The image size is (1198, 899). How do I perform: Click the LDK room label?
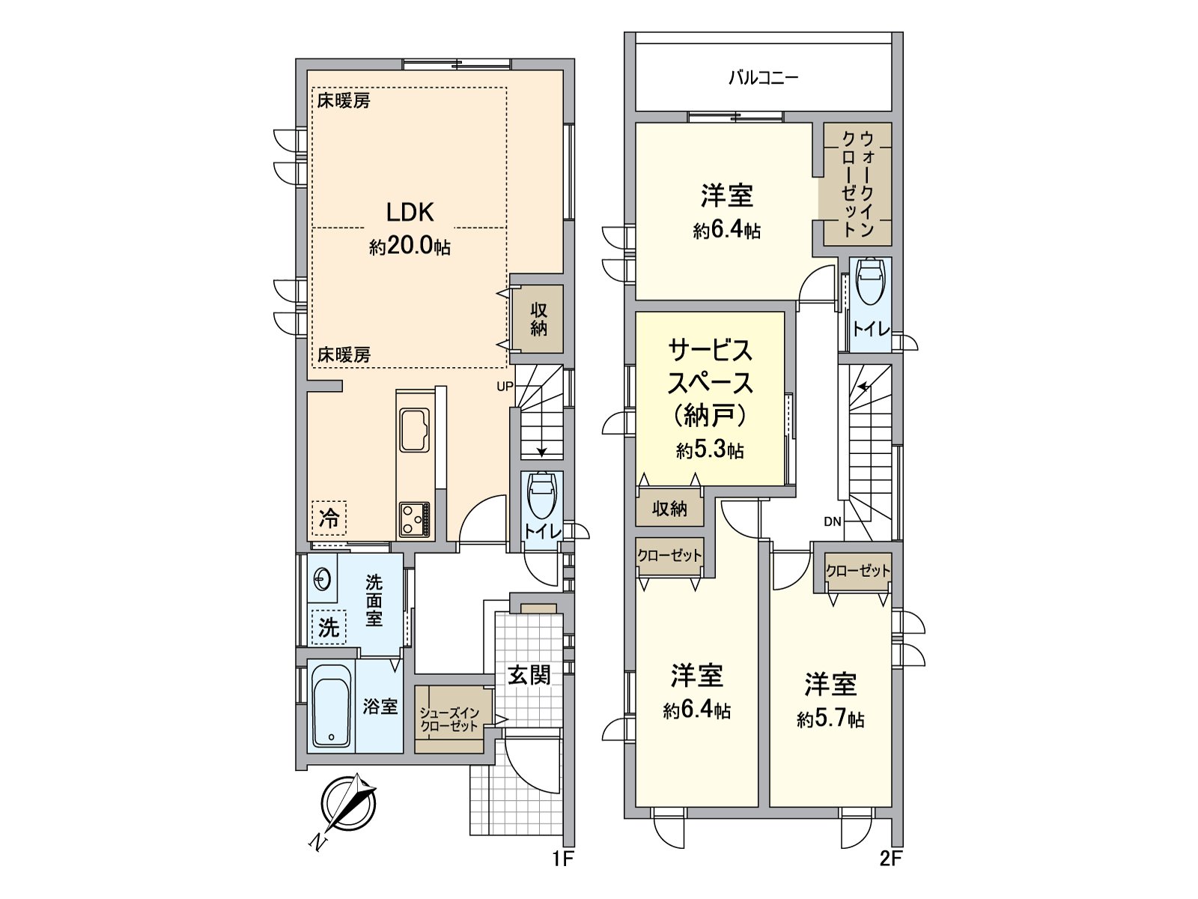[410, 213]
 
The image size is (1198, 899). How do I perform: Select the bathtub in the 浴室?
[331, 706]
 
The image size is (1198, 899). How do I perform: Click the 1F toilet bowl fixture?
[541, 494]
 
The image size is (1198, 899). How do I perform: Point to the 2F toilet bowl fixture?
[870, 281]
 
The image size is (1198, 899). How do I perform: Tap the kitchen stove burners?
[414, 518]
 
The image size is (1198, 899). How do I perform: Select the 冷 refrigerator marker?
[329, 518]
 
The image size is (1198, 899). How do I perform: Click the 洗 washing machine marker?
[329, 628]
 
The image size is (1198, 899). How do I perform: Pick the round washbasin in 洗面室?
[322, 578]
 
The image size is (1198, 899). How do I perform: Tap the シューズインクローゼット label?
[449, 719]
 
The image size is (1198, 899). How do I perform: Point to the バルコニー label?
[763, 77]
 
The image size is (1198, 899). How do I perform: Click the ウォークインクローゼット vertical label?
[857, 184]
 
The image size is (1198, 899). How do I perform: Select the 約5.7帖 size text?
[830, 720]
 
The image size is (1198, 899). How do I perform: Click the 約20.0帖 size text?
[410, 247]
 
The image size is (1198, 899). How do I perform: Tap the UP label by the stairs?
[505, 387]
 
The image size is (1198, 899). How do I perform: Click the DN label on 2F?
[833, 522]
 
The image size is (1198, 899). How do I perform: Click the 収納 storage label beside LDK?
[538, 319]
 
